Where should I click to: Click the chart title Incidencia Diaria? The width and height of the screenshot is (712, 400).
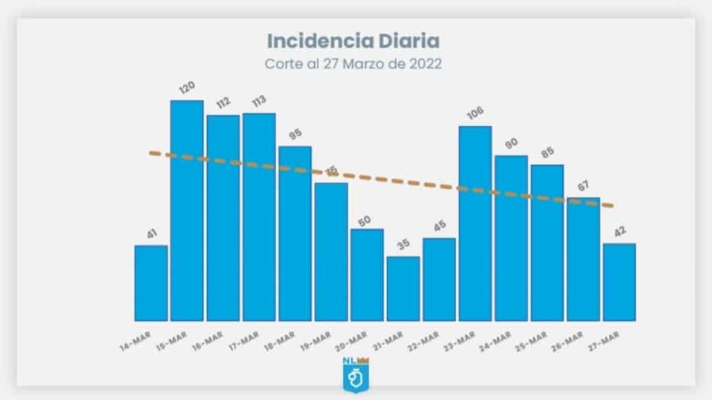353,41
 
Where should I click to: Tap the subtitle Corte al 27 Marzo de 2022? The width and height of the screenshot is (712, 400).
353,65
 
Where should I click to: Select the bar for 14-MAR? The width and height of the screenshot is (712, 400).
151,283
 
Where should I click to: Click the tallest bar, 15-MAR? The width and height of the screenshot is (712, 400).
187,211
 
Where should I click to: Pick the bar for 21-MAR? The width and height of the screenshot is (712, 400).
403,288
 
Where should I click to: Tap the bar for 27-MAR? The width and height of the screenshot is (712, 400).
619,282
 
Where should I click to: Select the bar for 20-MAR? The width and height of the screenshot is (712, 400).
367,275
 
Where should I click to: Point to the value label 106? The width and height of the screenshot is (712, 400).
473,114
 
